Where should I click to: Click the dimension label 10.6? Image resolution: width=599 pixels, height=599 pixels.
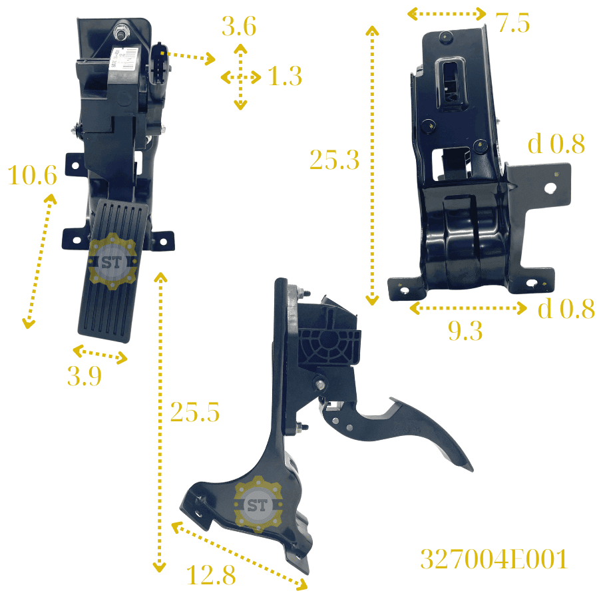(x=33, y=175)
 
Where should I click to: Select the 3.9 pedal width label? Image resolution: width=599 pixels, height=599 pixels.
(x=85, y=376)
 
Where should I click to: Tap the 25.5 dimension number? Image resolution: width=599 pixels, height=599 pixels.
(x=195, y=412)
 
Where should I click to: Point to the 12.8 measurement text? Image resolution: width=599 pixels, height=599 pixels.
(x=211, y=575)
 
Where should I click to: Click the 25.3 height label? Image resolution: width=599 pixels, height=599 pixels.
(x=335, y=159)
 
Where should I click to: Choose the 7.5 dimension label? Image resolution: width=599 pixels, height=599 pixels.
(x=512, y=23)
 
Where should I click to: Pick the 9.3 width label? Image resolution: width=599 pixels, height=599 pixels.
(x=465, y=330)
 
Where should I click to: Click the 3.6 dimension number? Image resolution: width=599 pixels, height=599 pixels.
(x=239, y=27)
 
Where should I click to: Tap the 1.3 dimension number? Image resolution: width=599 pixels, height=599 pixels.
(x=285, y=76)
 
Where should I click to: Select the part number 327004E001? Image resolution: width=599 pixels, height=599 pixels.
(x=494, y=559)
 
